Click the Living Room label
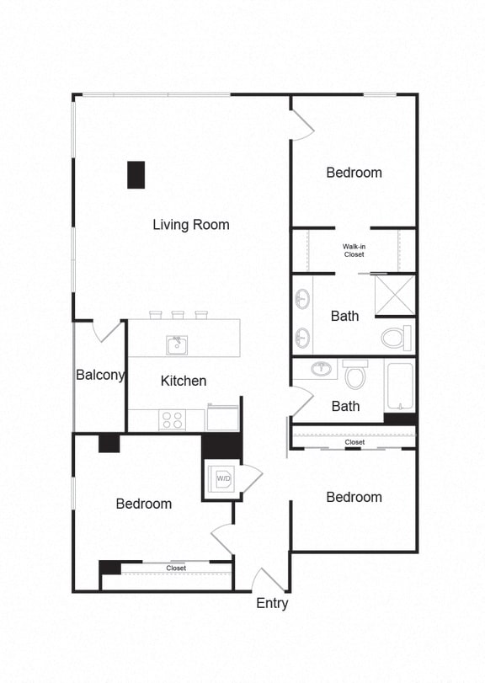pyautogui.click(x=191, y=225)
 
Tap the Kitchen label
pyautogui.click(x=184, y=381)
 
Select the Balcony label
pyautogui.click(x=100, y=375)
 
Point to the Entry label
pyautogui.click(x=272, y=603)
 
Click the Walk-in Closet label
pyautogui.click(x=354, y=250)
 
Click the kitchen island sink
pyautogui.click(x=177, y=344)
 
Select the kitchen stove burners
pyautogui.click(x=173, y=419)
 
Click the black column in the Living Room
pyautogui.click(x=136, y=174)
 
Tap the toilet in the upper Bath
pyautogui.click(x=396, y=338)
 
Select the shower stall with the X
pyautogui.click(x=394, y=295)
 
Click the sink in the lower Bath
pyautogui.click(x=320, y=368)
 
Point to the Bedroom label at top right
pyautogui.click(x=354, y=173)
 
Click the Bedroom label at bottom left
pyautogui.click(x=144, y=504)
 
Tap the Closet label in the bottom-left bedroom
pyautogui.click(x=176, y=568)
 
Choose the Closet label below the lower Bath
pyautogui.click(x=354, y=442)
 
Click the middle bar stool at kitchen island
pyautogui.click(x=178, y=315)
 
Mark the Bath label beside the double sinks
pyautogui.click(x=344, y=316)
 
